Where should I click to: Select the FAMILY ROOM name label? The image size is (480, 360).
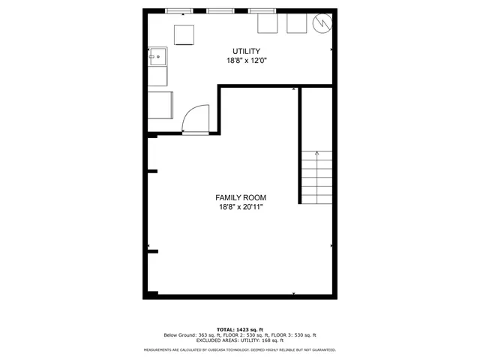tap(241, 197)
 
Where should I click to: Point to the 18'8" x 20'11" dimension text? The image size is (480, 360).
tap(241, 207)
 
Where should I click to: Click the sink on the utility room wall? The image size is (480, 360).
tap(158, 56)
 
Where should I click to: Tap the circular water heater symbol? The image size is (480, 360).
tap(322, 23)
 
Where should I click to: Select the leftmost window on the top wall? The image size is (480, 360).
tap(178, 10)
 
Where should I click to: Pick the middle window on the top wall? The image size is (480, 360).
tap(219, 10)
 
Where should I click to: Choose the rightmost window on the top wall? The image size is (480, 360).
tap(260, 10)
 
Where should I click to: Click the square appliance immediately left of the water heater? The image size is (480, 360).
tap(295, 24)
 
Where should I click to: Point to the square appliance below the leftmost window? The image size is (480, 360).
tap(184, 34)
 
